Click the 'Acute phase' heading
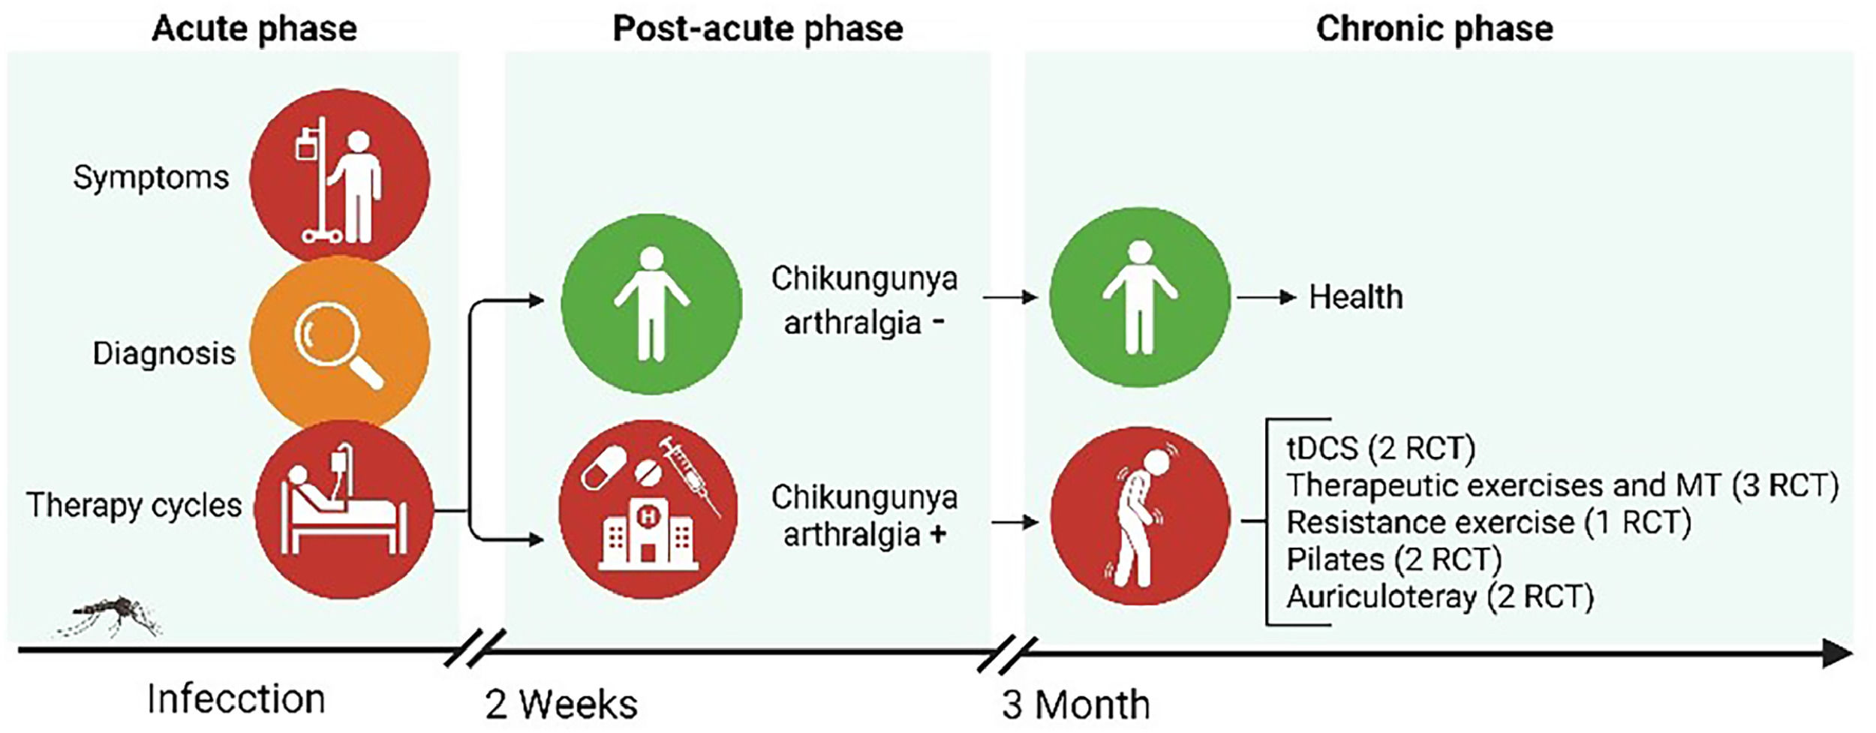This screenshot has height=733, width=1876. pyautogui.click(x=254, y=29)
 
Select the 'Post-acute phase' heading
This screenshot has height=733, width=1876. pyautogui.click(x=758, y=29)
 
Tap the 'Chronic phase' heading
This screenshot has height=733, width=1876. pyautogui.click(x=1434, y=29)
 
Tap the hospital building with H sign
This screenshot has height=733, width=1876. pyautogui.click(x=648, y=533)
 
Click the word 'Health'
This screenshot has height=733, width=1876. pyautogui.click(x=1355, y=297)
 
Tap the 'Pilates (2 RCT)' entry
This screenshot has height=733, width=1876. pyautogui.click(x=1393, y=560)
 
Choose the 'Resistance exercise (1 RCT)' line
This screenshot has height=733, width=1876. pyautogui.click(x=1488, y=522)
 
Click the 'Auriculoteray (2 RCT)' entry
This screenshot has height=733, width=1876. pyautogui.click(x=1439, y=597)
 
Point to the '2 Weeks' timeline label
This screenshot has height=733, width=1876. pyautogui.click(x=561, y=704)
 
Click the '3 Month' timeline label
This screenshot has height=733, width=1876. pyautogui.click(x=1075, y=704)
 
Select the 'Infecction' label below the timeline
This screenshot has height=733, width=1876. pyautogui.click(x=236, y=699)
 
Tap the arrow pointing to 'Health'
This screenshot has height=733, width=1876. pyautogui.click(x=1266, y=298)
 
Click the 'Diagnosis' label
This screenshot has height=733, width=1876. pyautogui.click(x=164, y=353)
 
